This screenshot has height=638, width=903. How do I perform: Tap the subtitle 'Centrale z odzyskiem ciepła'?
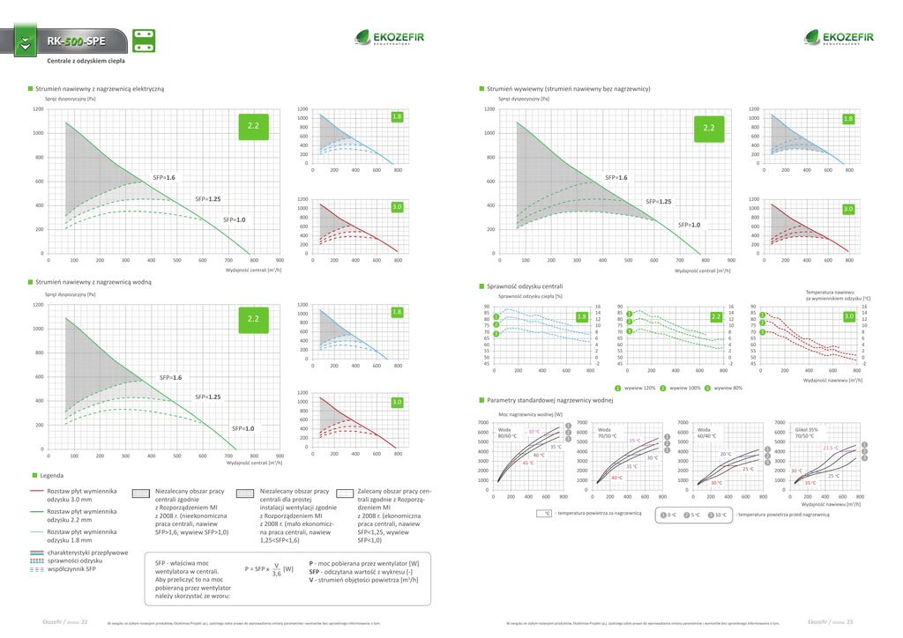coord(86,62)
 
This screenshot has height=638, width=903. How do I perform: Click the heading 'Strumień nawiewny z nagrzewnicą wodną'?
coord(93,284)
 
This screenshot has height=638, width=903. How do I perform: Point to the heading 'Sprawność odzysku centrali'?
coord(525,286)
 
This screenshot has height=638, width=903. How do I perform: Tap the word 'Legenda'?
coord(49,475)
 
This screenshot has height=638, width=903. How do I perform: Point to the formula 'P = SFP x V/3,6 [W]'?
coord(269,568)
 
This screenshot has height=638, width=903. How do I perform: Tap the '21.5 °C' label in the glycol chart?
coord(831,448)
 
